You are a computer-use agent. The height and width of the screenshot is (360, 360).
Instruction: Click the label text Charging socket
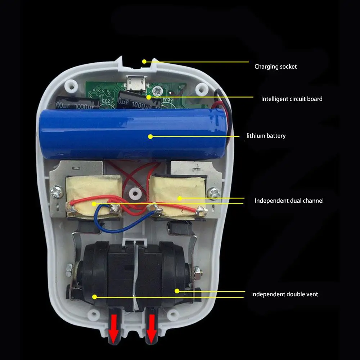(275, 67)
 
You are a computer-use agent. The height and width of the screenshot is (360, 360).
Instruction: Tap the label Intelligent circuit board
(292, 99)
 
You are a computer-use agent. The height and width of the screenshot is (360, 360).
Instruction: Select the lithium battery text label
(266, 136)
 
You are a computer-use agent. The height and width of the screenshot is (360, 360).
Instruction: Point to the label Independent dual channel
(289, 201)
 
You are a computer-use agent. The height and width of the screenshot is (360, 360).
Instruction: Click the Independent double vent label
(284, 294)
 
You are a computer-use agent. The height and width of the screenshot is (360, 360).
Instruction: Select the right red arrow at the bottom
(152, 328)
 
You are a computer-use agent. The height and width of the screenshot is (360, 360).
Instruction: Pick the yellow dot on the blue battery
(150, 136)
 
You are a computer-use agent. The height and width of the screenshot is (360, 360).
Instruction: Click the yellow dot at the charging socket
(144, 62)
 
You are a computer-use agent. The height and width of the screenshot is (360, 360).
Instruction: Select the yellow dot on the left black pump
(95, 297)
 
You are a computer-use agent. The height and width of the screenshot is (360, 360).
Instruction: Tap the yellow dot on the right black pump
(177, 290)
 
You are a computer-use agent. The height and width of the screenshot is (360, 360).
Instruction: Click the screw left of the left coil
(57, 191)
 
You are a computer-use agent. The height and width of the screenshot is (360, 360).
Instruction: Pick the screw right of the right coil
(215, 193)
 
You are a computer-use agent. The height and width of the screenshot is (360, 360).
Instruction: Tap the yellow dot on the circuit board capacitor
(149, 97)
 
